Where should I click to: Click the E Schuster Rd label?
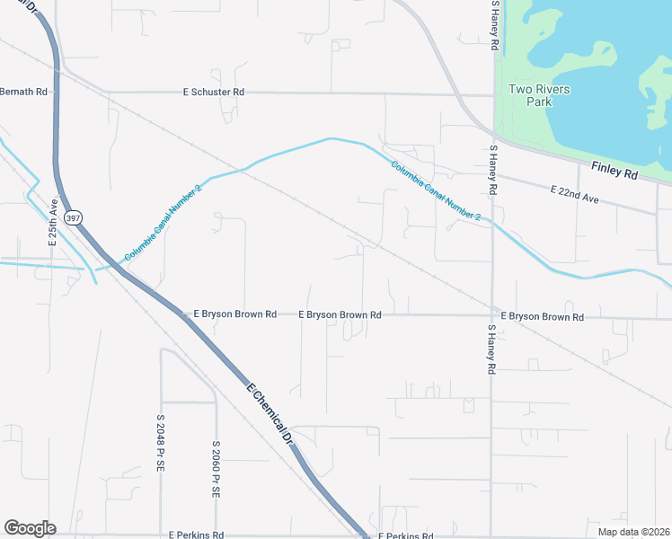click(x=214, y=93)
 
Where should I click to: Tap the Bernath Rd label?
click(x=22, y=92)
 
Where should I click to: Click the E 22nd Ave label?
click(x=574, y=193)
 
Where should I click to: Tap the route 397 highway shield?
click(x=74, y=218)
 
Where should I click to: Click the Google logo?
click(x=30, y=527)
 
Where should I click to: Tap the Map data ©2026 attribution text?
click(x=633, y=532)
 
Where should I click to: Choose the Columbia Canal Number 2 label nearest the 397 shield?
click(x=164, y=223)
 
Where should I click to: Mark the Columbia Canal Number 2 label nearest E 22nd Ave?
click(x=437, y=191)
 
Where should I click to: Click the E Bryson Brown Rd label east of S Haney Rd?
click(x=543, y=317)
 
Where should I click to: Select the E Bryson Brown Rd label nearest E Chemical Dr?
click(x=234, y=314)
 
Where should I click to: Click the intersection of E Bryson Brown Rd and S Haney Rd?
click(x=492, y=316)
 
